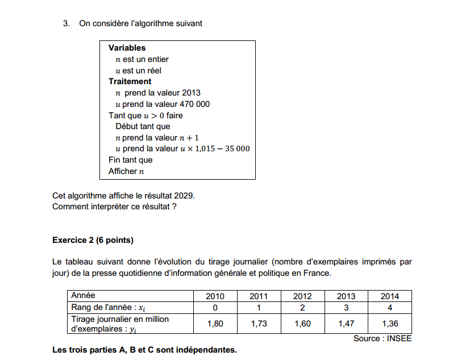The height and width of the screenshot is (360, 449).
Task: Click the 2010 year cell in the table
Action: [215, 296]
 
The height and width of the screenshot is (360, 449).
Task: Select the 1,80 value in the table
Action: [215, 323]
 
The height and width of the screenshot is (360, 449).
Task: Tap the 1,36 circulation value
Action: [390, 323]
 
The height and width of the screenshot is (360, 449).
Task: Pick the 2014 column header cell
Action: [390, 296]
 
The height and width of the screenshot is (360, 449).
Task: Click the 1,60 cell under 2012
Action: [302, 323]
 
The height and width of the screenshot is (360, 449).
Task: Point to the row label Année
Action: [84, 296]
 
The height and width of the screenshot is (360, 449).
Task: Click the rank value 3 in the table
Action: [346, 308]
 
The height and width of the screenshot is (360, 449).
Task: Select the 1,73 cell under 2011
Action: [259, 323]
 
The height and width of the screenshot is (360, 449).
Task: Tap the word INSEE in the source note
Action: [399, 338]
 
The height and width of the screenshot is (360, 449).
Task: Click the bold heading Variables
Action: [127, 48]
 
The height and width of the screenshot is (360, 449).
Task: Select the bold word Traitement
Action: [130, 81]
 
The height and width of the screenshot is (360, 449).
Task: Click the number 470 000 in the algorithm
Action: [194, 104]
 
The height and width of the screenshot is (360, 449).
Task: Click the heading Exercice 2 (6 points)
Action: [93, 240]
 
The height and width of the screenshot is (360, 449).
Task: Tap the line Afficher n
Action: [126, 171]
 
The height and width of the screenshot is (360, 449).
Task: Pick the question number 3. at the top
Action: [66, 23]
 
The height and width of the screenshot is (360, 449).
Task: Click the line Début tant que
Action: [143, 126]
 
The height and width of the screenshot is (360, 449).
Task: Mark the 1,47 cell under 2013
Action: [346, 323]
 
